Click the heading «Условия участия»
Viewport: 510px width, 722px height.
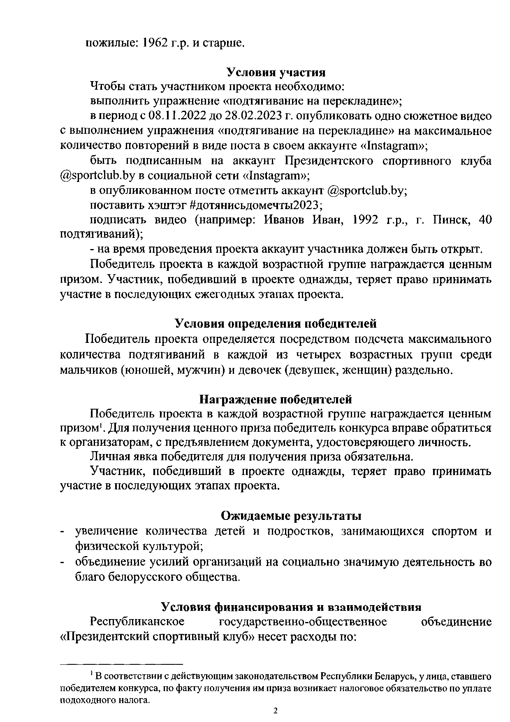276,72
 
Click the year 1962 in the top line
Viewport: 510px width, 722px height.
156,43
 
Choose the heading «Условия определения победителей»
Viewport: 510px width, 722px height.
276,324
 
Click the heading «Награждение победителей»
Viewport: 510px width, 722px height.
276,399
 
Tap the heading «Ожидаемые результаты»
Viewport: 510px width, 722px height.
291,516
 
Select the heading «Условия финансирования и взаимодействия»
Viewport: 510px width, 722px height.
291,607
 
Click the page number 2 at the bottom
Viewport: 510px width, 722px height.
276,711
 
